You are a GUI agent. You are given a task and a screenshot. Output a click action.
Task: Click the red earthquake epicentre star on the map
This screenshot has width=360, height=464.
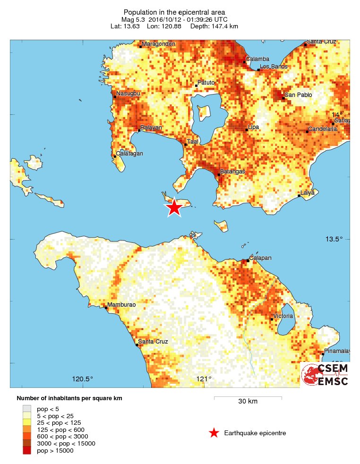pos(174,207)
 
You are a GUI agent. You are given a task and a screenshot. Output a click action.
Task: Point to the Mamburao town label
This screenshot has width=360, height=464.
pos(121,305)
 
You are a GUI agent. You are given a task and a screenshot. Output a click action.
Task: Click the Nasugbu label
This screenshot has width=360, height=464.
pos(128,94)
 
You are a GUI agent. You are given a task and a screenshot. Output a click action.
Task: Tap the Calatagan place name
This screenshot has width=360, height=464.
pos(130,154)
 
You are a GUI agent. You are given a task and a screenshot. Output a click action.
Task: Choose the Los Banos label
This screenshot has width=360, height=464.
pos(274,67)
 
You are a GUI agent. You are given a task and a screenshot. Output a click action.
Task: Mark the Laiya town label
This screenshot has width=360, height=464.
pos(307,192)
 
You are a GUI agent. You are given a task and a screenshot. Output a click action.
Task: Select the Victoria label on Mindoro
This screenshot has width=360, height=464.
pos(283,316)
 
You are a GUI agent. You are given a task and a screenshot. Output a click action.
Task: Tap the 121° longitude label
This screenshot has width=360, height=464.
pos(204,378)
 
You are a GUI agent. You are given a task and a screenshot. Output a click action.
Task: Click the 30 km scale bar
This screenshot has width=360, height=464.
pos(248,398)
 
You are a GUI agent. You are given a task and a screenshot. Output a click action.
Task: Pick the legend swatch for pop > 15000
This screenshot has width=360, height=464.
pos(27,451)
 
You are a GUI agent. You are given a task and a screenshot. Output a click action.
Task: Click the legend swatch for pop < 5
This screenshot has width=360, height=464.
pos(27,408)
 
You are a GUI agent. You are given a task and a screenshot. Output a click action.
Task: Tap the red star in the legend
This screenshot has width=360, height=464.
pos(214,433)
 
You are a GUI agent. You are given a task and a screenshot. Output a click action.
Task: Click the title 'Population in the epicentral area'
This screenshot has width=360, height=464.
pos(173,12)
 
